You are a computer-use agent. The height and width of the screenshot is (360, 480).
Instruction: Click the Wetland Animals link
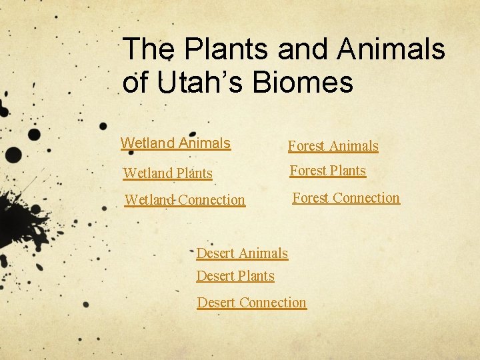coord(175,143)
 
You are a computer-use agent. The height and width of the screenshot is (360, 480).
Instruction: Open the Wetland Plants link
coord(168,174)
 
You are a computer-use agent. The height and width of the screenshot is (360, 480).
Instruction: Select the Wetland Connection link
coord(185,200)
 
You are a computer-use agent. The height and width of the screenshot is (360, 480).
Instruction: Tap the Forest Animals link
coord(333,146)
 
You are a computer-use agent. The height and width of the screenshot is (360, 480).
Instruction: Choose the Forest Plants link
coord(327,171)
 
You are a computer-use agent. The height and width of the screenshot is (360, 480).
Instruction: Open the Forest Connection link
coord(346,198)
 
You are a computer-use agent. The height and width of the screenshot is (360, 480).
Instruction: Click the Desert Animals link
coord(242,253)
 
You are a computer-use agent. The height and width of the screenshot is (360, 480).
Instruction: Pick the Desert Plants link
coord(235,276)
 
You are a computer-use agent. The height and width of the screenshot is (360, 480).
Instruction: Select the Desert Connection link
coord(251,303)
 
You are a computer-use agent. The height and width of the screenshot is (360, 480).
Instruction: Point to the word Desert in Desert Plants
coord(215,276)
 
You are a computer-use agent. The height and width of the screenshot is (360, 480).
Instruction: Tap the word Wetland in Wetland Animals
coord(147,143)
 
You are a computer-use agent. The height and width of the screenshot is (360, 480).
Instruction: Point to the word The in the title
coord(149,49)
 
